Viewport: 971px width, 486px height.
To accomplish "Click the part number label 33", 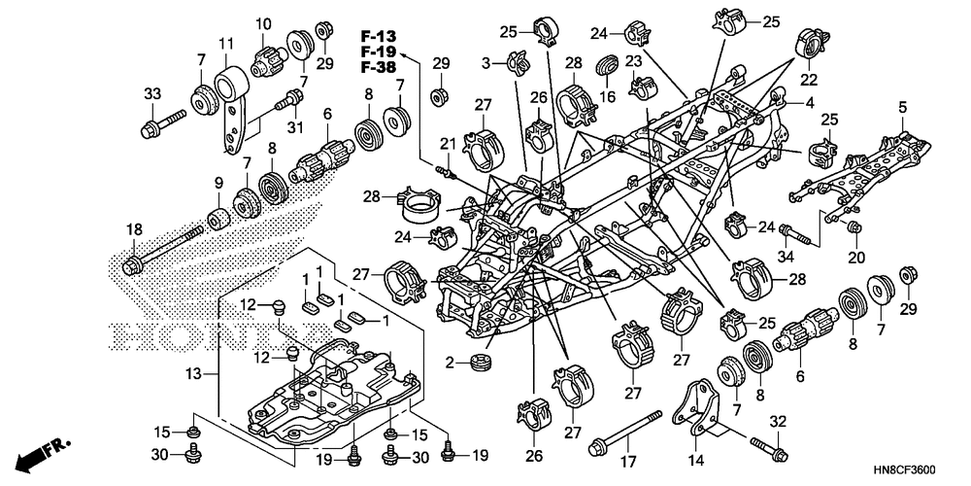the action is tap(152, 94).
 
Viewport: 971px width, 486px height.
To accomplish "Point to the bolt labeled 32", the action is tap(769, 449).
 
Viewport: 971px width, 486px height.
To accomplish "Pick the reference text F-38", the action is tap(378, 68).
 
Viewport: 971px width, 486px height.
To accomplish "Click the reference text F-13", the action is tap(379, 36).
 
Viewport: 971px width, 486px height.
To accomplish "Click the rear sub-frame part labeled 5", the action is tap(860, 167).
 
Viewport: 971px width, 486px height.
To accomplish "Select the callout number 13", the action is tap(194, 374).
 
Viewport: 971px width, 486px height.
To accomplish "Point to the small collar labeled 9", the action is tap(218, 219).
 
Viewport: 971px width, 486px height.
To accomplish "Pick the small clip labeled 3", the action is tap(517, 60).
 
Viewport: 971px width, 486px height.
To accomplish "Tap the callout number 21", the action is tap(447, 144).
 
